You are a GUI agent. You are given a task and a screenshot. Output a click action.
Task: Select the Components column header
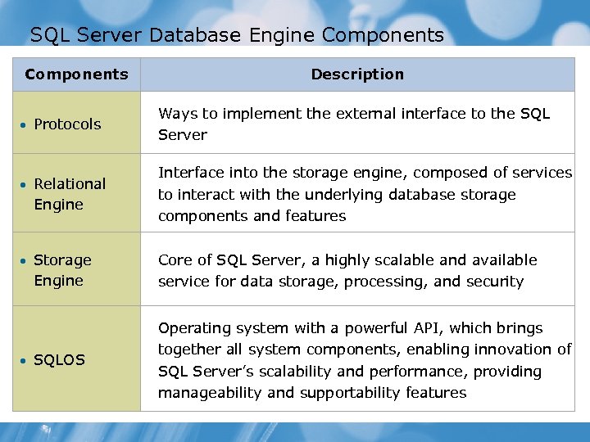pyautogui.click(x=76, y=74)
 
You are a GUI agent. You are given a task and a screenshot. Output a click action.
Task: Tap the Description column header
pyautogui.click(x=357, y=74)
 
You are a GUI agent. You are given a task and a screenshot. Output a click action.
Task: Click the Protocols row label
pyautogui.click(x=67, y=124)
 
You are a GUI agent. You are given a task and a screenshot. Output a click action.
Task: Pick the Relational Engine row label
pyautogui.click(x=70, y=194)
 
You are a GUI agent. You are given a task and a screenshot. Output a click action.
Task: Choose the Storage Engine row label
pyautogui.click(x=62, y=270)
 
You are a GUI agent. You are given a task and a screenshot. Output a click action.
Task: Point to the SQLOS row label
pyautogui.click(x=59, y=360)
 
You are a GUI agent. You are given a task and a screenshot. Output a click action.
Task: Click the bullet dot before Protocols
pyautogui.click(x=25, y=125)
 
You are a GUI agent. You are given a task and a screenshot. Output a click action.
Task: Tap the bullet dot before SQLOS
pyautogui.click(x=25, y=361)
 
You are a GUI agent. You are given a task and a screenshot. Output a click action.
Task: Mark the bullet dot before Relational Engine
pyautogui.click(x=25, y=185)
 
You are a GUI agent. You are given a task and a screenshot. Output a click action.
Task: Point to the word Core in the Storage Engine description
pyautogui.click(x=174, y=260)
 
